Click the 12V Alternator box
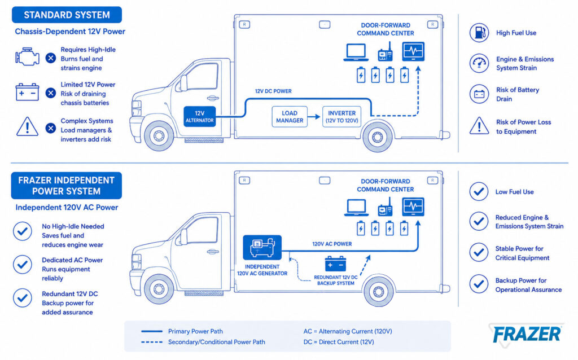pyautogui.click(x=199, y=116)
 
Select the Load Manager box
pyautogui.click(x=290, y=116)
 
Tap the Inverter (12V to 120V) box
pyautogui.click(x=341, y=116)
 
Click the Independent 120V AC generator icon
pyautogui.click(x=262, y=247)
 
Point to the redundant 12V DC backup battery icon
pyautogui.click(x=335, y=264)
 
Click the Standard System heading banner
pyautogui.click(x=67, y=15)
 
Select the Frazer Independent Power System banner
pyautogui.click(x=67, y=186)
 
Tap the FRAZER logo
pyautogui.click(x=527, y=335)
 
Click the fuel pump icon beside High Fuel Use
pyautogui.click(x=479, y=32)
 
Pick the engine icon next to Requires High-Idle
pyautogui.click(x=27, y=57)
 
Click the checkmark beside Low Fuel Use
pyautogui.click(x=479, y=192)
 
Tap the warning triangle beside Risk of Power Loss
pyautogui.click(x=479, y=126)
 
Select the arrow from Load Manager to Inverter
pyautogui.click(x=314, y=117)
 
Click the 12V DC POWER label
pyautogui.click(x=273, y=91)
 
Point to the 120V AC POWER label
pyautogui.click(x=332, y=244)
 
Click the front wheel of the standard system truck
pyautogui.click(x=159, y=136)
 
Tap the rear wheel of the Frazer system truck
pyautogui.click(x=378, y=292)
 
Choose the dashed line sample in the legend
pyautogui.click(x=152, y=342)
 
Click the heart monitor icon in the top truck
pyautogui.click(x=413, y=51)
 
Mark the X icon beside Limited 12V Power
pyautogui.click(x=51, y=93)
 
